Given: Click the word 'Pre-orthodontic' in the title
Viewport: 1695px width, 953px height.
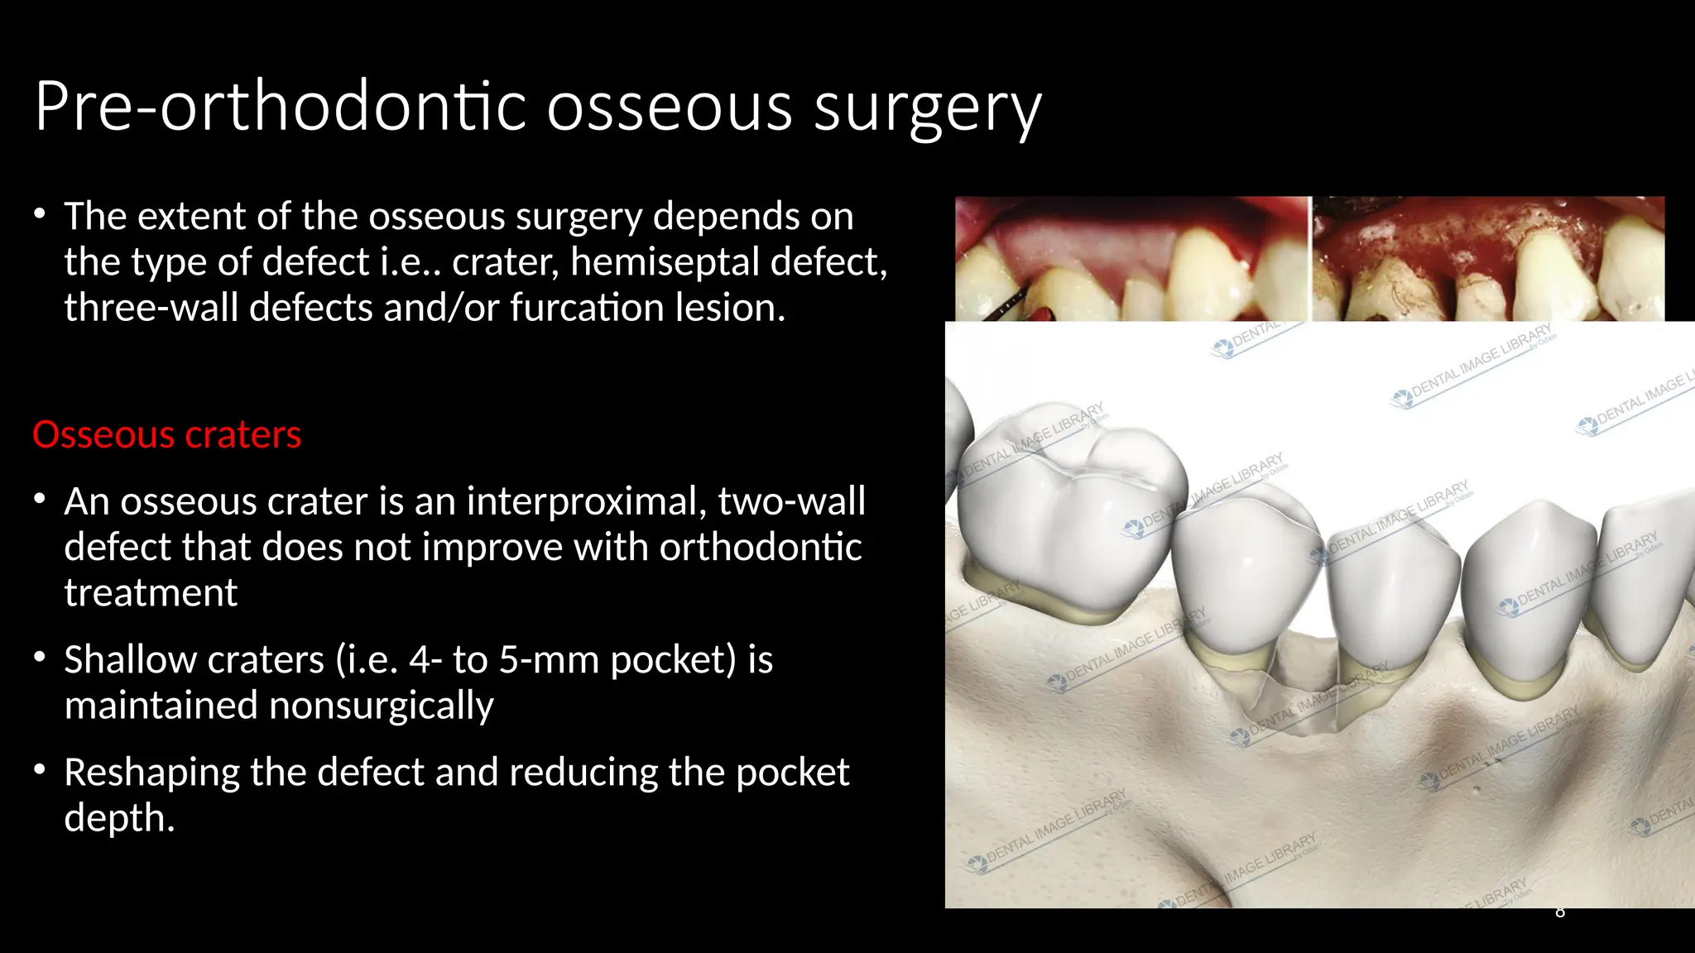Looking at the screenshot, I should (x=281, y=108).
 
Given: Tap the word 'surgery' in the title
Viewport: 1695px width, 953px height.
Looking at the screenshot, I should (x=927, y=108).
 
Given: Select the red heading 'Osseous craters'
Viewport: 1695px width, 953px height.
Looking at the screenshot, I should (x=167, y=435).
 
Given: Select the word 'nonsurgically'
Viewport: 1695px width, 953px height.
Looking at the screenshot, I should (x=382, y=706).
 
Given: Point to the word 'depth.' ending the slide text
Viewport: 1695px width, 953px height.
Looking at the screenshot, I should (x=119, y=818).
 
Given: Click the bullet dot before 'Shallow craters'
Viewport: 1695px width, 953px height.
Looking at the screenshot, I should (x=40, y=658).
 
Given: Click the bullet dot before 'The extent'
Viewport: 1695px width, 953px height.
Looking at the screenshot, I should (x=40, y=214).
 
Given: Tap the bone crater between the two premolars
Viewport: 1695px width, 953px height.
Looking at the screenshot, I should (x=1299, y=703).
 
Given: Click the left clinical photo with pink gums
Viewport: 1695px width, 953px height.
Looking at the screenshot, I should (x=1132, y=258).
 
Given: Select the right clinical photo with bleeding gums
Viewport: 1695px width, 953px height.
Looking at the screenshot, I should (x=1488, y=258).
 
